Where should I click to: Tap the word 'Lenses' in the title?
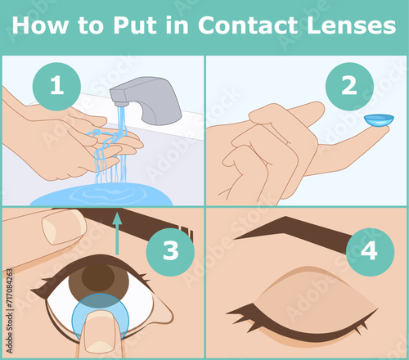[x=351, y=25]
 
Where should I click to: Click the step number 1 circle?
[x=56, y=86]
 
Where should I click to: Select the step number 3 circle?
[x=170, y=250]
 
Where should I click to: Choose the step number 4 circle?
[x=370, y=250]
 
